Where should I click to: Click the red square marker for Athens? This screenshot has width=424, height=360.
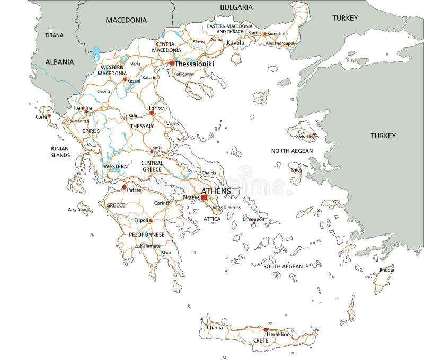click(x=204, y=197)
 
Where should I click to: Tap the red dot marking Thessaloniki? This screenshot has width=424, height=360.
click(x=171, y=64)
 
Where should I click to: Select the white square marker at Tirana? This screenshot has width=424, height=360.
click(x=50, y=30)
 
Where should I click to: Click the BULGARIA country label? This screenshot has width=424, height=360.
click(x=236, y=7)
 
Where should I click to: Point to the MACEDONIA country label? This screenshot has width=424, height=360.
click(x=126, y=20)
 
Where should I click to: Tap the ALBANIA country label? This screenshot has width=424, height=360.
click(x=59, y=62)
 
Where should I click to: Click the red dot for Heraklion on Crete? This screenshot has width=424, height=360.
click(x=266, y=329)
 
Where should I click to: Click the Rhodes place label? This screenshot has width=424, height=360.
click(x=387, y=269)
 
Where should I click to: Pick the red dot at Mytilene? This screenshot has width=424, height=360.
click(x=314, y=134)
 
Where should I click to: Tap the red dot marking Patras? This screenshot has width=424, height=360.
click(x=125, y=187)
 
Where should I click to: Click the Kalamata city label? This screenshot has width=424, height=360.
click(x=150, y=246)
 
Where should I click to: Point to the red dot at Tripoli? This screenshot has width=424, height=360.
click(x=151, y=221)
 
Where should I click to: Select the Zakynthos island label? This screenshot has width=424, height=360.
click(x=77, y=210)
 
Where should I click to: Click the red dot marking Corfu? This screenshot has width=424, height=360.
click(x=49, y=115)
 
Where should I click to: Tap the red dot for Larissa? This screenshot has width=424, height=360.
click(x=152, y=113)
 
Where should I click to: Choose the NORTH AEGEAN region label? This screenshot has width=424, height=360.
click(x=292, y=151)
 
